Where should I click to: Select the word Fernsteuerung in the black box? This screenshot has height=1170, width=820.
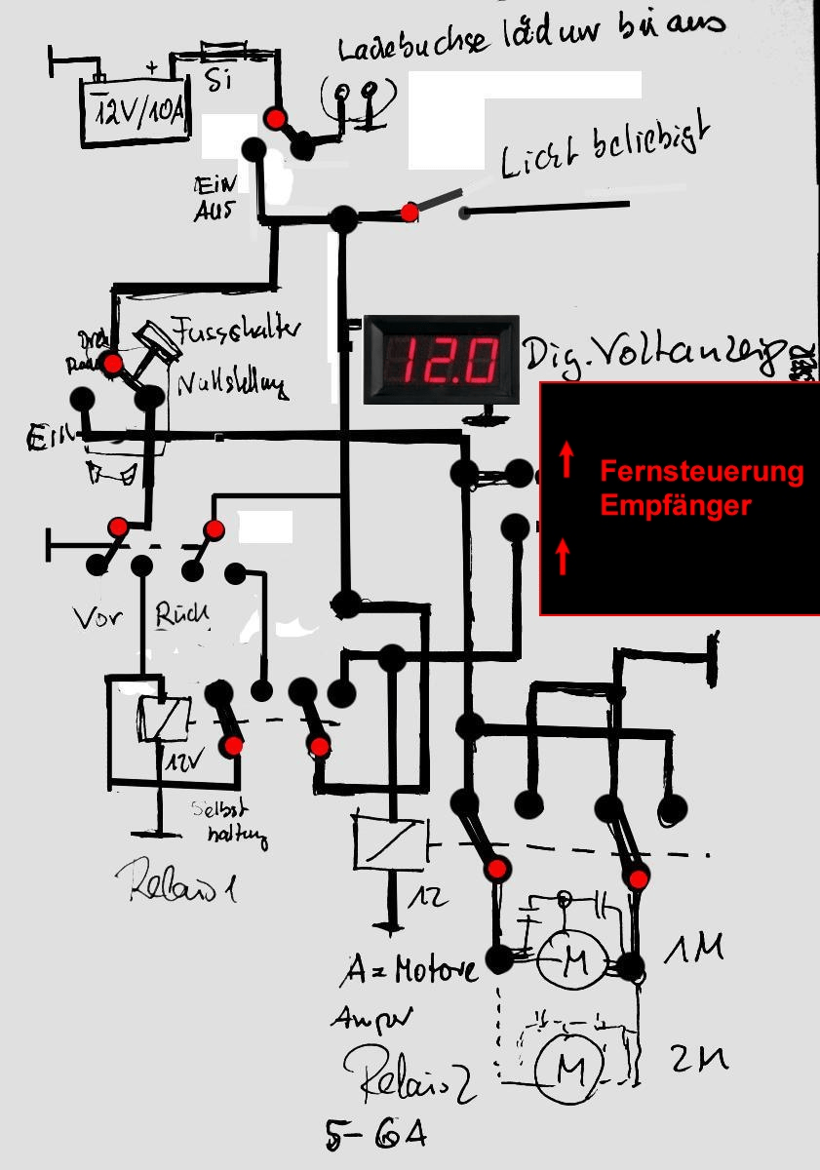point(701,473)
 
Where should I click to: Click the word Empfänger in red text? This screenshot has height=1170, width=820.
point(676,506)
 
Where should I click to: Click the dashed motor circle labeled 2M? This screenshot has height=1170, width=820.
point(567,1072)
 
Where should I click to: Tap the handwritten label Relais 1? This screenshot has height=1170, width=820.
point(185,884)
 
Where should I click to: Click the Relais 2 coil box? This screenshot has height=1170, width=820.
point(389,840)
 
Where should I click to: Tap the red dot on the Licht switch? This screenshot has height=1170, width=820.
point(410,212)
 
